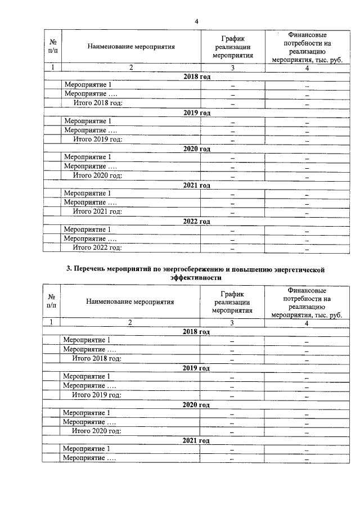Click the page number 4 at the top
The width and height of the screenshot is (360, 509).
tap(196, 21)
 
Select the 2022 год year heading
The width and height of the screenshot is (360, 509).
tap(196, 222)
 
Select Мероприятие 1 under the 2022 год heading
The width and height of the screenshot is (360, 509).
tap(88, 229)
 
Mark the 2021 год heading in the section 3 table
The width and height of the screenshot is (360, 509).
tap(196, 441)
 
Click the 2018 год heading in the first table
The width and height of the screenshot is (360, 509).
tap(196, 76)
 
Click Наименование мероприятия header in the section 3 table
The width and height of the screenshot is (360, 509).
tap(130, 301)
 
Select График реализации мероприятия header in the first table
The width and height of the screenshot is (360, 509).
tap(233, 47)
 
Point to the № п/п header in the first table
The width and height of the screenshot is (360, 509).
tap(52, 47)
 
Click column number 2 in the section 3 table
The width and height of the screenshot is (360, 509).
tap(130, 322)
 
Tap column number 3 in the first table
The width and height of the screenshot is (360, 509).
tap(233, 68)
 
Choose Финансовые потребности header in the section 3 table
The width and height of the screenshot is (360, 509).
tap(307, 302)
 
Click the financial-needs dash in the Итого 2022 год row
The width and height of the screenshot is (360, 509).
tap(307, 248)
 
